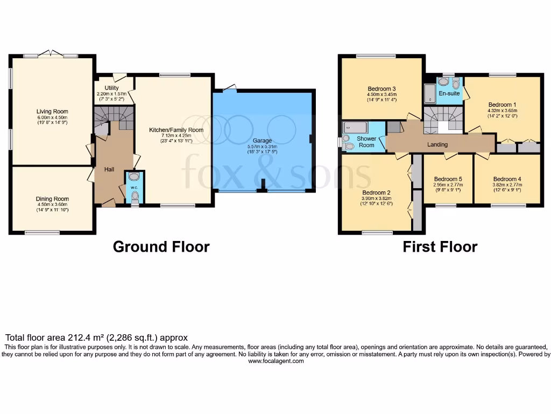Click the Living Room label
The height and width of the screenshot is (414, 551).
(53, 112)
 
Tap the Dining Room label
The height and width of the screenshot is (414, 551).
(53, 199)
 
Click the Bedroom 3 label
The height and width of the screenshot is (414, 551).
(382, 89)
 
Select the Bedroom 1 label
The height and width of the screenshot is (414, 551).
(502, 105)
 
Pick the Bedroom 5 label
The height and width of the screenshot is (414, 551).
(448, 179)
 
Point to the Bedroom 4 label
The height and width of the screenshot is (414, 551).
(507, 179)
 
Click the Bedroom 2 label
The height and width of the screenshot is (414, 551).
(376, 192)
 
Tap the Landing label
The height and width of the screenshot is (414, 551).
(437, 144)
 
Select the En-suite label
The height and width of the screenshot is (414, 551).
(449, 94)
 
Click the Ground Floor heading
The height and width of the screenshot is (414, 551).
(161, 247)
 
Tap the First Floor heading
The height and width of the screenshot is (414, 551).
(440, 247)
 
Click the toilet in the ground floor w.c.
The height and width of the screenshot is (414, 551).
(135, 196)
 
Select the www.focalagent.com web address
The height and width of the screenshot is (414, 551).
(275, 361)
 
